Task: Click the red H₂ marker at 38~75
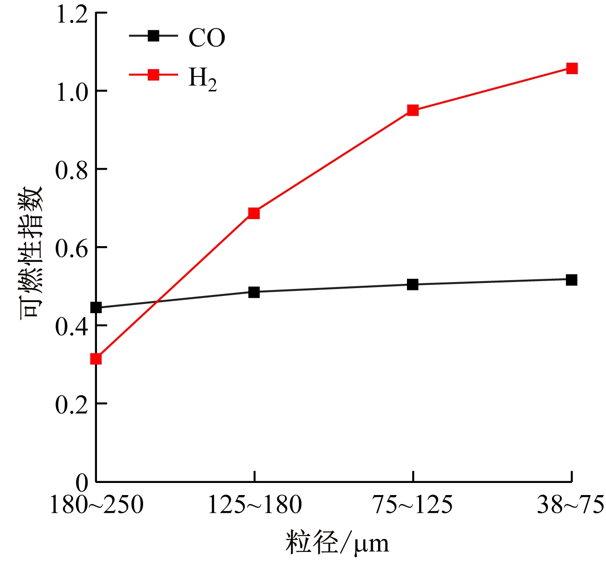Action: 572,69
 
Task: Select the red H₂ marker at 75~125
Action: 413,110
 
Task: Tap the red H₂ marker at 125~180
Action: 254,213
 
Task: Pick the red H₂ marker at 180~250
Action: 96,358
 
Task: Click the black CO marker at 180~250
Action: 96,307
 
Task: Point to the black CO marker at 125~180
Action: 254,292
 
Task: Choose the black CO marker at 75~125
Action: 413,284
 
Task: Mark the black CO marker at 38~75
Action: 572,280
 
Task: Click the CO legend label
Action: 207,38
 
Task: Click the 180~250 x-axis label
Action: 96,505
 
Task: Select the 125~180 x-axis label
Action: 255,505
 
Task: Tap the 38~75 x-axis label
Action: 570,505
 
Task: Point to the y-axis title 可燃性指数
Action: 31,253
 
